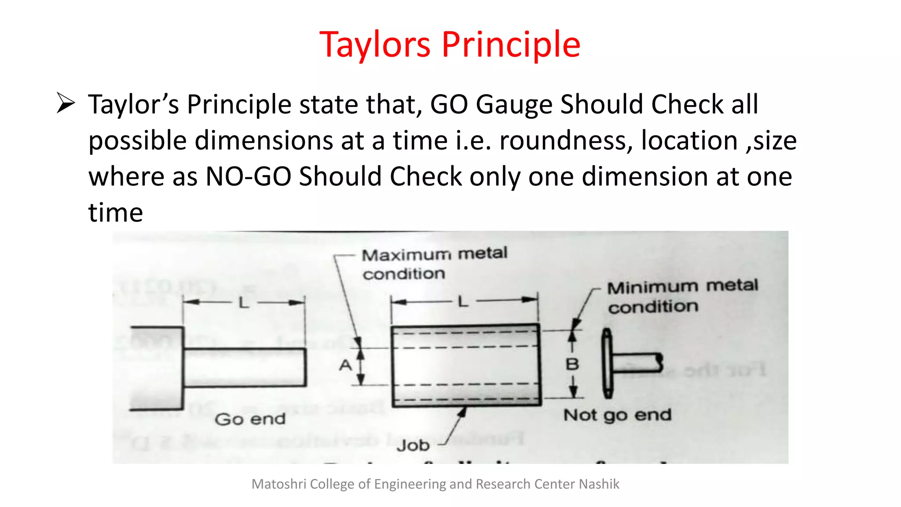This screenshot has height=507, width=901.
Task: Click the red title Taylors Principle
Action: coord(450,44)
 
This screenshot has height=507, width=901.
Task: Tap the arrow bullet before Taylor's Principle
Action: coord(66,104)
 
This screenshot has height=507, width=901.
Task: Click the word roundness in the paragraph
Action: coord(566,141)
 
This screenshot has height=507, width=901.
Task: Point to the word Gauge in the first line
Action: coord(514,105)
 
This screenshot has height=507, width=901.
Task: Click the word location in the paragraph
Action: coord(689,141)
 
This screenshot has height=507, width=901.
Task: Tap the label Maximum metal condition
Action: coord(434,264)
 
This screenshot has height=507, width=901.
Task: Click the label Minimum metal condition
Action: coord(682,296)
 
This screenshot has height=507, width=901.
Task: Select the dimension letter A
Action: coord(346,365)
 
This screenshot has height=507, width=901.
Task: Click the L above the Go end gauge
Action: coord(244,303)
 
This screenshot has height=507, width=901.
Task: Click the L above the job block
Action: coord(462,302)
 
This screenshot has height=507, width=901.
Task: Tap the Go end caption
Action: coord(250,419)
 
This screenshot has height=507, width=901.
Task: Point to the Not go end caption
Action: coord(617,415)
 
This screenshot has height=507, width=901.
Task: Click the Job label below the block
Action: coord(413,445)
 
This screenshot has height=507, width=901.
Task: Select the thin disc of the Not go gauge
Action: coord(607,364)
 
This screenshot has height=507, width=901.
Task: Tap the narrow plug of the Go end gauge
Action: coord(245,367)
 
